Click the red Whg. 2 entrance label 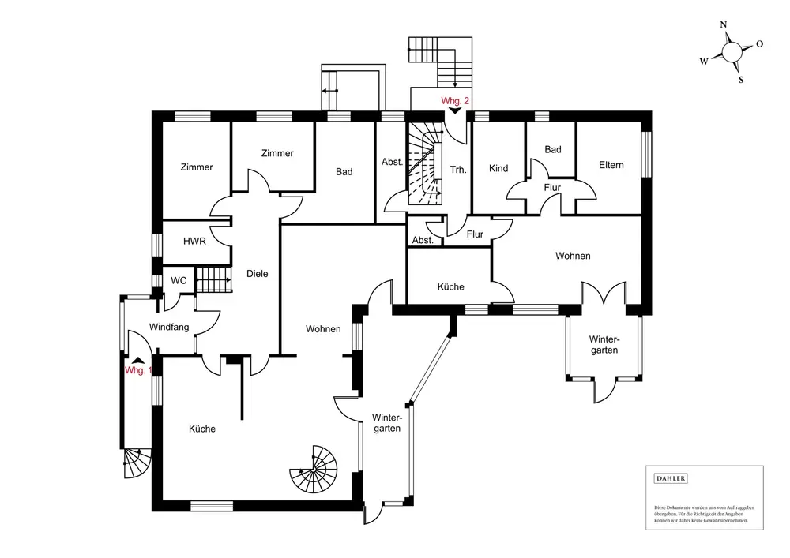[455, 101]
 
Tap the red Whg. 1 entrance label [137, 371]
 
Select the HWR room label [194, 242]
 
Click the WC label [179, 280]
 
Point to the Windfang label [169, 327]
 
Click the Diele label [258, 274]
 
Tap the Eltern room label [611, 165]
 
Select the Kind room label [498, 168]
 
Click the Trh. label [458, 170]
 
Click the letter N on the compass [724, 25]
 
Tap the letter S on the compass [740, 79]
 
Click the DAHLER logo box [671, 478]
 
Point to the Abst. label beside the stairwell [392, 162]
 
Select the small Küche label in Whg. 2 [450, 286]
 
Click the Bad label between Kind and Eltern [553, 149]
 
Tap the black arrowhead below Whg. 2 [455, 112]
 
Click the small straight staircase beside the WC [212, 279]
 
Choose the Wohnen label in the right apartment [573, 256]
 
